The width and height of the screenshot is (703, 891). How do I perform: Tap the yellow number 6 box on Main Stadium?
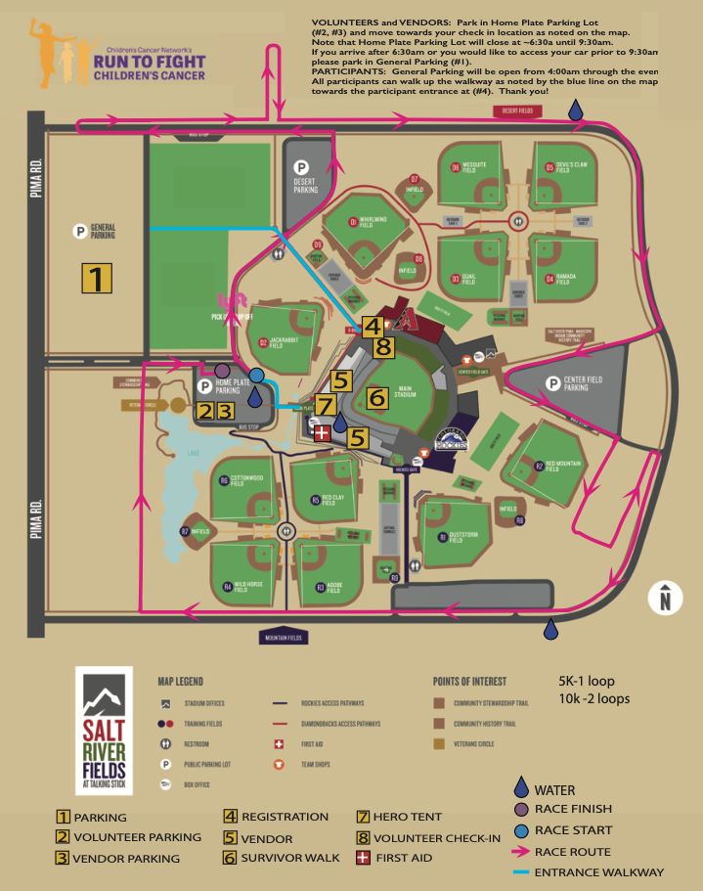(377, 397)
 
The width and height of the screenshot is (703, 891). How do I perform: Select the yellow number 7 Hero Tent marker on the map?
(326, 405)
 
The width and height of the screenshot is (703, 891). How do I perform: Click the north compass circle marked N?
(665, 597)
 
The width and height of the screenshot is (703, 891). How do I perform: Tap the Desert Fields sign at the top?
(518, 111)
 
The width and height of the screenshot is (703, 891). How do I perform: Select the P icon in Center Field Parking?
(553, 382)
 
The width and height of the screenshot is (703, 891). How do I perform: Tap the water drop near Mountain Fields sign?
(552, 630)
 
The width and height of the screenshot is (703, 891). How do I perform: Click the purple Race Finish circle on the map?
(223, 370)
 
